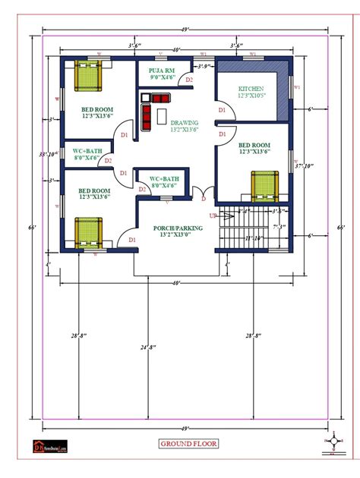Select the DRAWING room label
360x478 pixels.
click(184, 123)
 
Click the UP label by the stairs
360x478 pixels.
click(213, 215)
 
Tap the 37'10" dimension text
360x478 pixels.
click(306, 165)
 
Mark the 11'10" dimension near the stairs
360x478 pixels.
click(254, 238)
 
